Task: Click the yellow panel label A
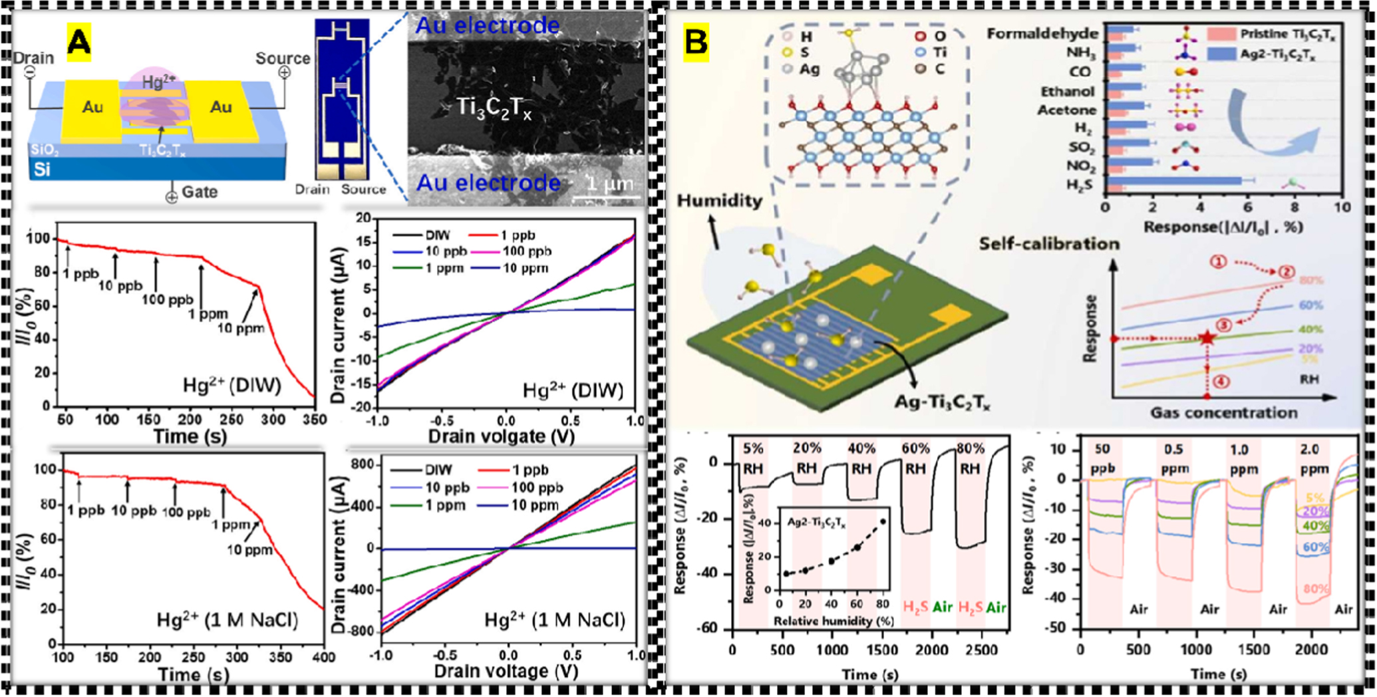(x=79, y=43)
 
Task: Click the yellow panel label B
(x=696, y=43)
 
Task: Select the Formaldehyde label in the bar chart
(x=1042, y=33)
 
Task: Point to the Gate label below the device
(x=199, y=192)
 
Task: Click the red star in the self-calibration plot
(x=1207, y=338)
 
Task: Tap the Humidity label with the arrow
(x=720, y=200)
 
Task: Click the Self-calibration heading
(x=1049, y=244)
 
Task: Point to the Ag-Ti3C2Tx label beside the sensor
(x=942, y=402)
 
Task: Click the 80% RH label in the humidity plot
(x=969, y=458)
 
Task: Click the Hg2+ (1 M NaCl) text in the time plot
(x=227, y=620)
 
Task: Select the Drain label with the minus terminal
(x=33, y=58)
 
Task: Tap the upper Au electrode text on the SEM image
(x=487, y=25)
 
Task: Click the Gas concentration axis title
(x=1223, y=412)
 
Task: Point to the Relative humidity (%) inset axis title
(x=833, y=621)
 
